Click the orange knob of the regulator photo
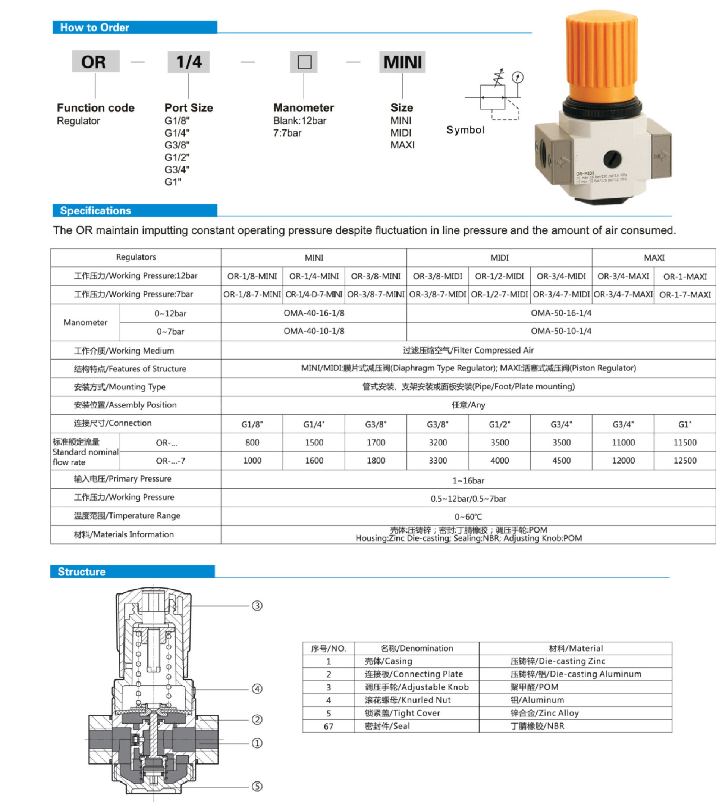tap(601, 55)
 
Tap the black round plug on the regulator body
tap(612, 159)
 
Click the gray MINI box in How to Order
tap(402, 62)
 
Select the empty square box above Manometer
tap(304, 62)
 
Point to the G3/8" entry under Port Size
tap(177, 145)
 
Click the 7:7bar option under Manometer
tap(287, 133)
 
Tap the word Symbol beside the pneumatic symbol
tap(465, 130)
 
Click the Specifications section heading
tap(95, 211)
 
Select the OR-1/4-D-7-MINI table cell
tap(314, 295)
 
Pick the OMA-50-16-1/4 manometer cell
tap(561, 313)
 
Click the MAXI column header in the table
tap(654, 258)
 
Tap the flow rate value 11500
tap(685, 442)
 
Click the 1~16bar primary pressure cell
tap(468, 481)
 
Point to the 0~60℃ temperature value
tap(468, 517)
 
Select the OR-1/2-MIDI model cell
tap(499, 276)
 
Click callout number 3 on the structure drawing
tap(257, 606)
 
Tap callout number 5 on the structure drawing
tap(257, 787)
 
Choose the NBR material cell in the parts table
tap(537, 726)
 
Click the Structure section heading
tap(82, 572)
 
